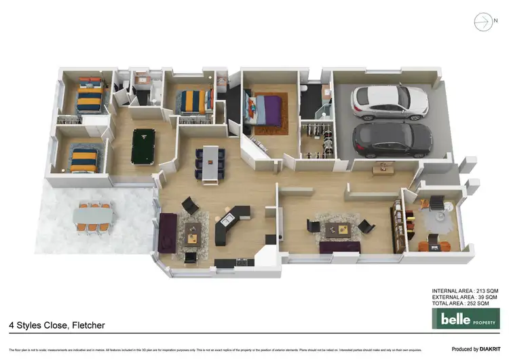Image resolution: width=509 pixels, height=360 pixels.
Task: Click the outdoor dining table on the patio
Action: (x=94, y=216)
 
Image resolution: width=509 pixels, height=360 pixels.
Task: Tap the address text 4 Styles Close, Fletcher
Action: (x=57, y=325)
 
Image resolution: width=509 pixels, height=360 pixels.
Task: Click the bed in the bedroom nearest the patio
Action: (x=85, y=160)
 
